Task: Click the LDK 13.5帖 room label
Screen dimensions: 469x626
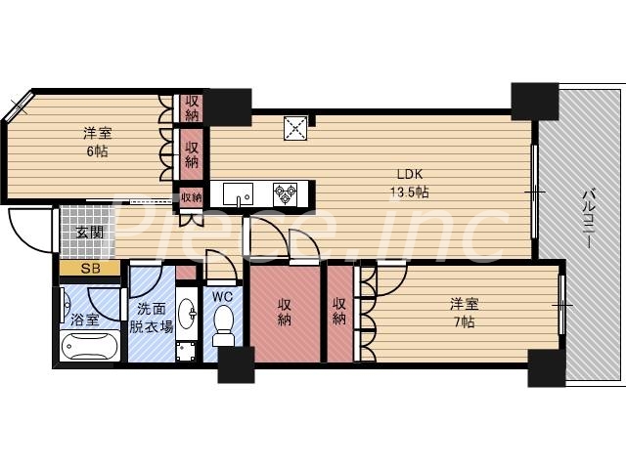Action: (408, 182)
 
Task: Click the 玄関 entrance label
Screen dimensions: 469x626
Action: (90, 233)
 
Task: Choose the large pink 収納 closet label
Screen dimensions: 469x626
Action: (285, 312)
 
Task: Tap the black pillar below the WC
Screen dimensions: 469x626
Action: (236, 364)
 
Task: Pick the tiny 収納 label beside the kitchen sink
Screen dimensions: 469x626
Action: (191, 197)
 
